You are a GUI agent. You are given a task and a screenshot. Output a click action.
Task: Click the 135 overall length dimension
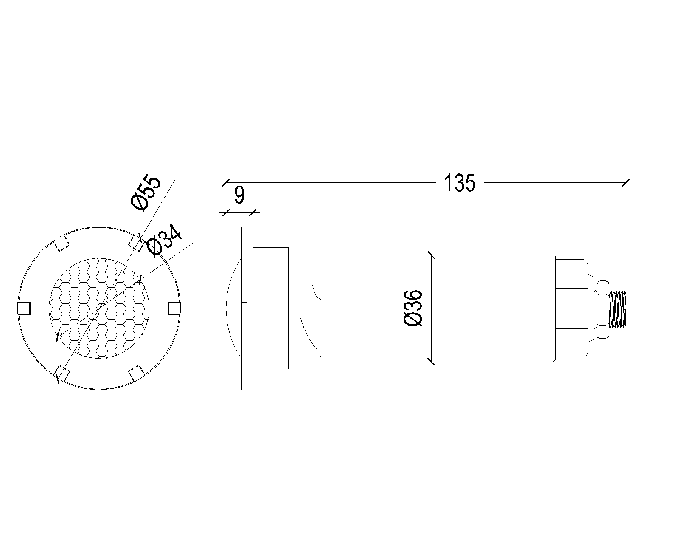click(460, 183)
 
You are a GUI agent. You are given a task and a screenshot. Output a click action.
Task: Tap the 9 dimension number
click(239, 195)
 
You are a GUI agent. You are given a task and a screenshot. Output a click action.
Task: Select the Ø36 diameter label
click(412, 308)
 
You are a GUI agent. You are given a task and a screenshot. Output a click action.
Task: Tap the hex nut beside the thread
click(603, 309)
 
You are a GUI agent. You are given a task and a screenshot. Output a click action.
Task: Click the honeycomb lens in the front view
click(99, 308)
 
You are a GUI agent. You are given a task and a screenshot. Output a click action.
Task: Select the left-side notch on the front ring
click(24, 308)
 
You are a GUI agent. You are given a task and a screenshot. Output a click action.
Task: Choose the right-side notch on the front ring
click(174, 308)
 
